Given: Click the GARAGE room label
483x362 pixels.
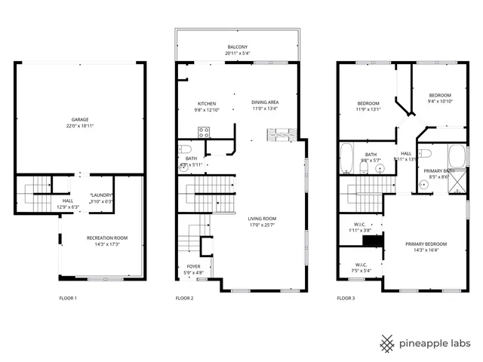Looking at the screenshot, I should (x=79, y=119).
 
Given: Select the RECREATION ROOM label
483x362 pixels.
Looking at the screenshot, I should (x=106, y=238).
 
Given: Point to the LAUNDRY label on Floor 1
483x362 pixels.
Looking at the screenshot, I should (x=100, y=195).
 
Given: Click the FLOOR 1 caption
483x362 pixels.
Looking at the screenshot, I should (x=68, y=299).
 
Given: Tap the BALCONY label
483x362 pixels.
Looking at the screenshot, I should (x=235, y=47).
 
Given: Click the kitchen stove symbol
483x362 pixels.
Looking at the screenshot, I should (x=203, y=131).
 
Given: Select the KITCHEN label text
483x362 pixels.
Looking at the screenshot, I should (x=207, y=103).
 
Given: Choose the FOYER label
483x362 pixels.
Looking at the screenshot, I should (x=194, y=266).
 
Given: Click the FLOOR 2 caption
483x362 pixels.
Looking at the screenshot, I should (x=184, y=299).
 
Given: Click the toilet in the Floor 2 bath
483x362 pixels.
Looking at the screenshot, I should (x=183, y=168).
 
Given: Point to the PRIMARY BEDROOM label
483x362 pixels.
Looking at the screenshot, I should (x=426, y=244).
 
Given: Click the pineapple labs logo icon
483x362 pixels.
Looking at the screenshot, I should (x=387, y=342).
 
